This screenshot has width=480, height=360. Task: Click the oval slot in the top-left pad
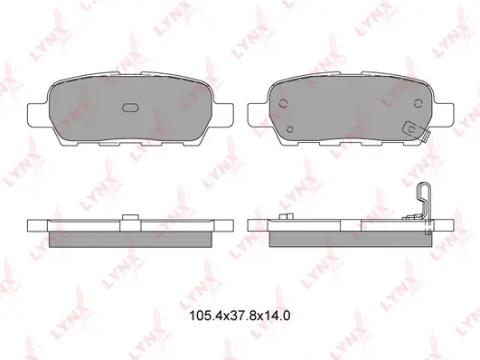pyautogui.click(x=130, y=108)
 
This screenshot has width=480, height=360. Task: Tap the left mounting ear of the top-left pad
pyautogui.click(x=38, y=114)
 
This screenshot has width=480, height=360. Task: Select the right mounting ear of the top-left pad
pyautogui.click(x=222, y=114)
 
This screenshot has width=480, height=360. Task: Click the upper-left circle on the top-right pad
pyautogui.click(x=284, y=103)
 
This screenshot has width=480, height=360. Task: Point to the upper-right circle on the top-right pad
pyautogui.click(x=418, y=103)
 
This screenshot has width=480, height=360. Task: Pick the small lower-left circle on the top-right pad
pyautogui.click(x=290, y=129)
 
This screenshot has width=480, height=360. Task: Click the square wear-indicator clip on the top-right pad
pyautogui.click(x=412, y=129)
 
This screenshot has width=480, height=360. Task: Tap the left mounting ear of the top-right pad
pyautogui.click(x=258, y=114)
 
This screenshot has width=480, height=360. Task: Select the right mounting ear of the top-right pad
pyautogui.click(x=443, y=114)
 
